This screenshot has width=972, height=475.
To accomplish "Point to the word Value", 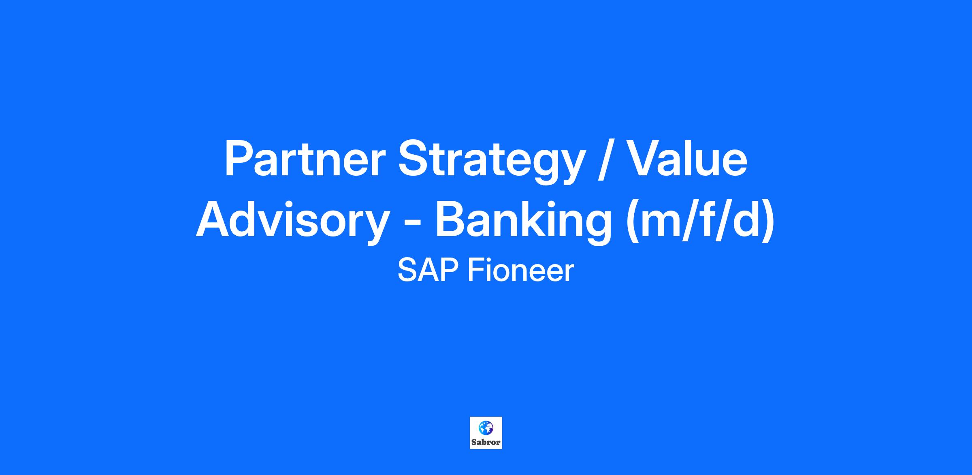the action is click(x=688, y=158).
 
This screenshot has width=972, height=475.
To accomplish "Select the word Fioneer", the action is click(x=521, y=270).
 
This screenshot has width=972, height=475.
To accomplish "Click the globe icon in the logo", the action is click(x=486, y=427).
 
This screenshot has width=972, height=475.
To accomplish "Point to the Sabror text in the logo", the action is click(x=486, y=442).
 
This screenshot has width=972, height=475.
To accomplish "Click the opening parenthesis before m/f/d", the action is click(x=632, y=222).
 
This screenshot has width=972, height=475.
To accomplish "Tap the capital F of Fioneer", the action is click(x=477, y=270).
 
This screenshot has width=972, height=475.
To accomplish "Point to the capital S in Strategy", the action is click(x=414, y=158).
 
